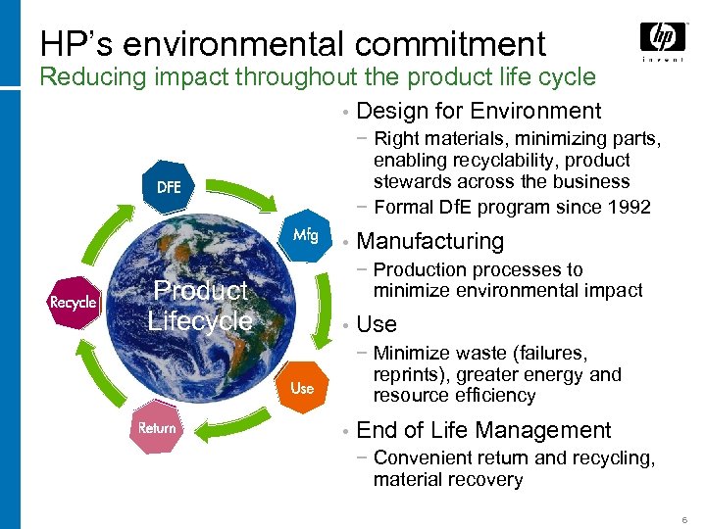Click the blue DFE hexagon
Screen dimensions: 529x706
(x=169, y=186)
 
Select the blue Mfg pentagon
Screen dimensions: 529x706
(x=306, y=234)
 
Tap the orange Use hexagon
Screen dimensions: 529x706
(x=302, y=388)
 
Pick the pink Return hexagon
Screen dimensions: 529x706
(x=157, y=428)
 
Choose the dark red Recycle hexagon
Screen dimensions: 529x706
(x=75, y=303)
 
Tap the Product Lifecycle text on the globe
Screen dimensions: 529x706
(x=200, y=305)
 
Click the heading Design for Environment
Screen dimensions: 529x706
(x=479, y=111)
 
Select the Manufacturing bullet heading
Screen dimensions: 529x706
(x=429, y=241)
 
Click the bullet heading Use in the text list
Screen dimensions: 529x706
(x=377, y=323)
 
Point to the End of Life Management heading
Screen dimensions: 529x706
(x=483, y=430)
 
